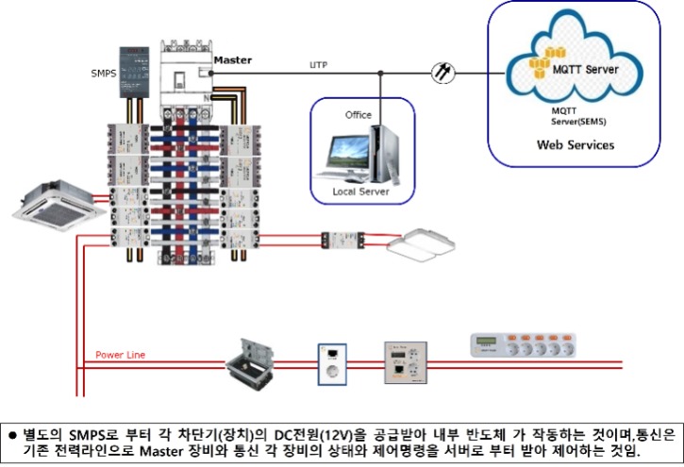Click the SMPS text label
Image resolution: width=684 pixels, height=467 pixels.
pyautogui.click(x=105, y=72)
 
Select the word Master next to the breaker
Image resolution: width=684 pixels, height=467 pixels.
pyautogui.click(x=232, y=59)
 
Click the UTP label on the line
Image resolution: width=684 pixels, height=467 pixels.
pyautogui.click(x=320, y=65)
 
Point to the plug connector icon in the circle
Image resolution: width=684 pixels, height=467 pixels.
pyautogui.click(x=440, y=72)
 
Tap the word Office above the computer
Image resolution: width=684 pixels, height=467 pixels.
pyautogui.click(x=359, y=114)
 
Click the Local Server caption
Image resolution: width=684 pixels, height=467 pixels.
pyautogui.click(x=360, y=192)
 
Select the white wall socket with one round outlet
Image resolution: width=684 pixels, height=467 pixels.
pyautogui.click(x=331, y=362)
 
